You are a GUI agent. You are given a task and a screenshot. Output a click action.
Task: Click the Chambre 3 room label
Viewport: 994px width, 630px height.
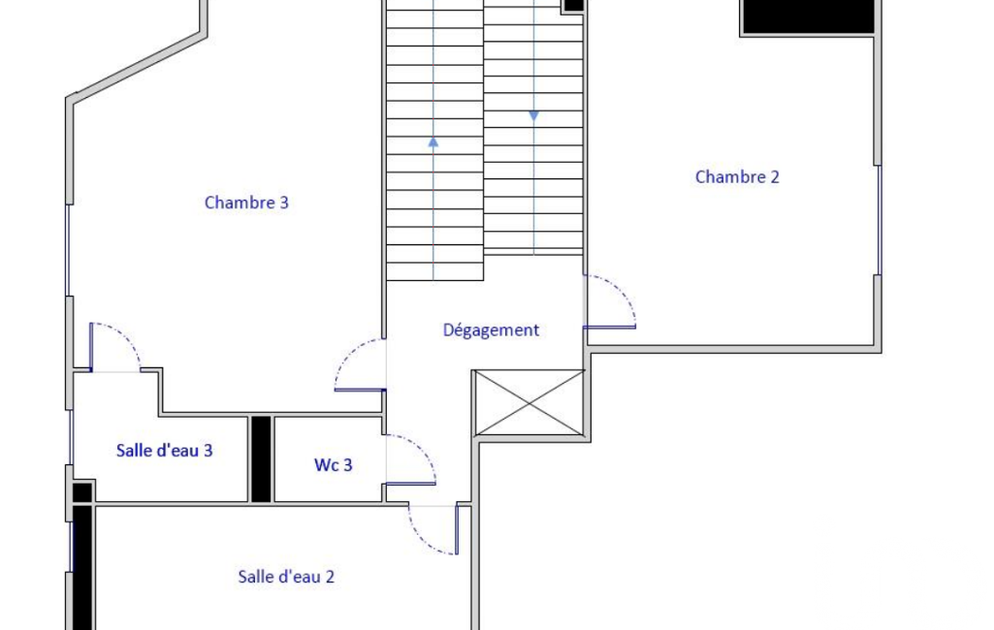246,203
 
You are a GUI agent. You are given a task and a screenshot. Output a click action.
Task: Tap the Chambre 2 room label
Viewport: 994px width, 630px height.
737,176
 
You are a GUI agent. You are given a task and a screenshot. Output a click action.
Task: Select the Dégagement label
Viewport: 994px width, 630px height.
491,330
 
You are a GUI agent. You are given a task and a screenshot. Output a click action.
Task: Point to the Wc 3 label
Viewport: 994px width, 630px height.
333,464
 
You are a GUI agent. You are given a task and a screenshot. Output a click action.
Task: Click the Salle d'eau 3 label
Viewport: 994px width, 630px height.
164,450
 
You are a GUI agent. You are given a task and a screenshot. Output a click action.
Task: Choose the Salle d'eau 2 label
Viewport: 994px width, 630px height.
286,576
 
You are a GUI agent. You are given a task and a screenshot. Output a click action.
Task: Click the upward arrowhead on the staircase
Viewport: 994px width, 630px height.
433,142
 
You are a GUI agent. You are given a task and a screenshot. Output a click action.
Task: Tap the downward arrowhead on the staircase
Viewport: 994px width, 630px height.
533,116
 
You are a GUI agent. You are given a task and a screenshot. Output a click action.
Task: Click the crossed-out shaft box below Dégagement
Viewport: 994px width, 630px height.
529,402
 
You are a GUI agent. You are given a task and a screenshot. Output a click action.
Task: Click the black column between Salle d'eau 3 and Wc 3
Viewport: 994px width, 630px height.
261,458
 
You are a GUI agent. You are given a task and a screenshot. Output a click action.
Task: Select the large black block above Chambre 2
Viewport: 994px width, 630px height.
808,16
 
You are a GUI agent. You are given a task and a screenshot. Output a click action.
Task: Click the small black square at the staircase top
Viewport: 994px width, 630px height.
574,5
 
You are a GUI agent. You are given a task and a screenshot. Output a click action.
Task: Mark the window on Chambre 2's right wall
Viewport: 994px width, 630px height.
878,220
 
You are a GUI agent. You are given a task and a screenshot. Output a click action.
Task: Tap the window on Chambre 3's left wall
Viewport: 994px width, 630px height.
69,250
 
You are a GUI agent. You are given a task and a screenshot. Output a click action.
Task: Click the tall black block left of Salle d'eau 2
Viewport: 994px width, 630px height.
82,567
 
